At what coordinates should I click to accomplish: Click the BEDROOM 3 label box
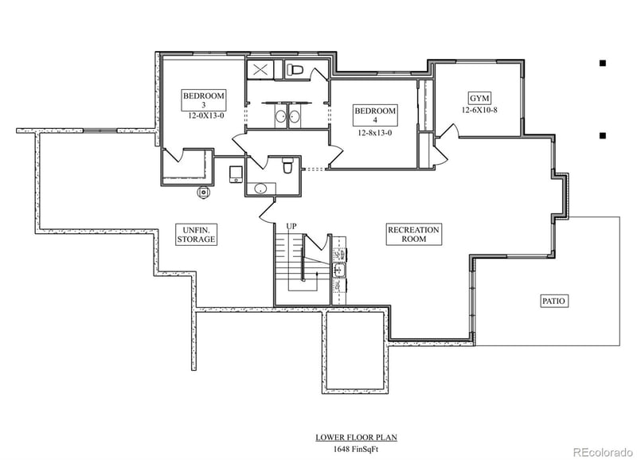204,99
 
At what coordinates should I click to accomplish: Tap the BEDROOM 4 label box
374,115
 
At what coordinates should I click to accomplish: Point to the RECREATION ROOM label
413,234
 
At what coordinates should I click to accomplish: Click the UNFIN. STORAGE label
195,234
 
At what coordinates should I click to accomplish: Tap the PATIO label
554,301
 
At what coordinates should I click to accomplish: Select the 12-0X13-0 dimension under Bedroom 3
204,115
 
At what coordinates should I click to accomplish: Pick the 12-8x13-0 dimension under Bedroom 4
375,134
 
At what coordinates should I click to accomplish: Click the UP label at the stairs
291,227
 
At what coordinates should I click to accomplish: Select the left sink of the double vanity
280,118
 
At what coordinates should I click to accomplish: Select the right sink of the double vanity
295,118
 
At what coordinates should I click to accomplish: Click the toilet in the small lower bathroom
287,166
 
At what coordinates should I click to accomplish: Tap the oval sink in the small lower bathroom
260,189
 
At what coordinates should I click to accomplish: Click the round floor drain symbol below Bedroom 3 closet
204,191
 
